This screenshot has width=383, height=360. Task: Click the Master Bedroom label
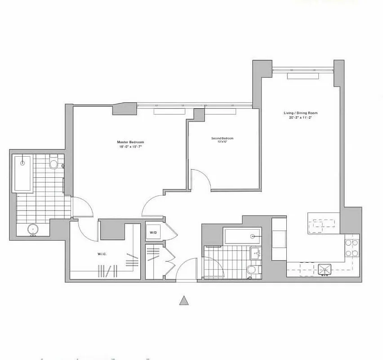click(127, 142)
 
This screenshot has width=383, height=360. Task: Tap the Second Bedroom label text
click(222, 138)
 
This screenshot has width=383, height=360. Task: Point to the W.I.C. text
click(101, 254)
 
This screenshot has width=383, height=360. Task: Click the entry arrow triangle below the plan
click(183, 301)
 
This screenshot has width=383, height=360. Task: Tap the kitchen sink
click(325, 269)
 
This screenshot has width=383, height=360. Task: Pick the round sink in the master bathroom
click(32, 230)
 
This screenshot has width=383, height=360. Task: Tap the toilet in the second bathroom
click(252, 270)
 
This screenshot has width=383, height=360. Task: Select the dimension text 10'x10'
click(222, 142)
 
